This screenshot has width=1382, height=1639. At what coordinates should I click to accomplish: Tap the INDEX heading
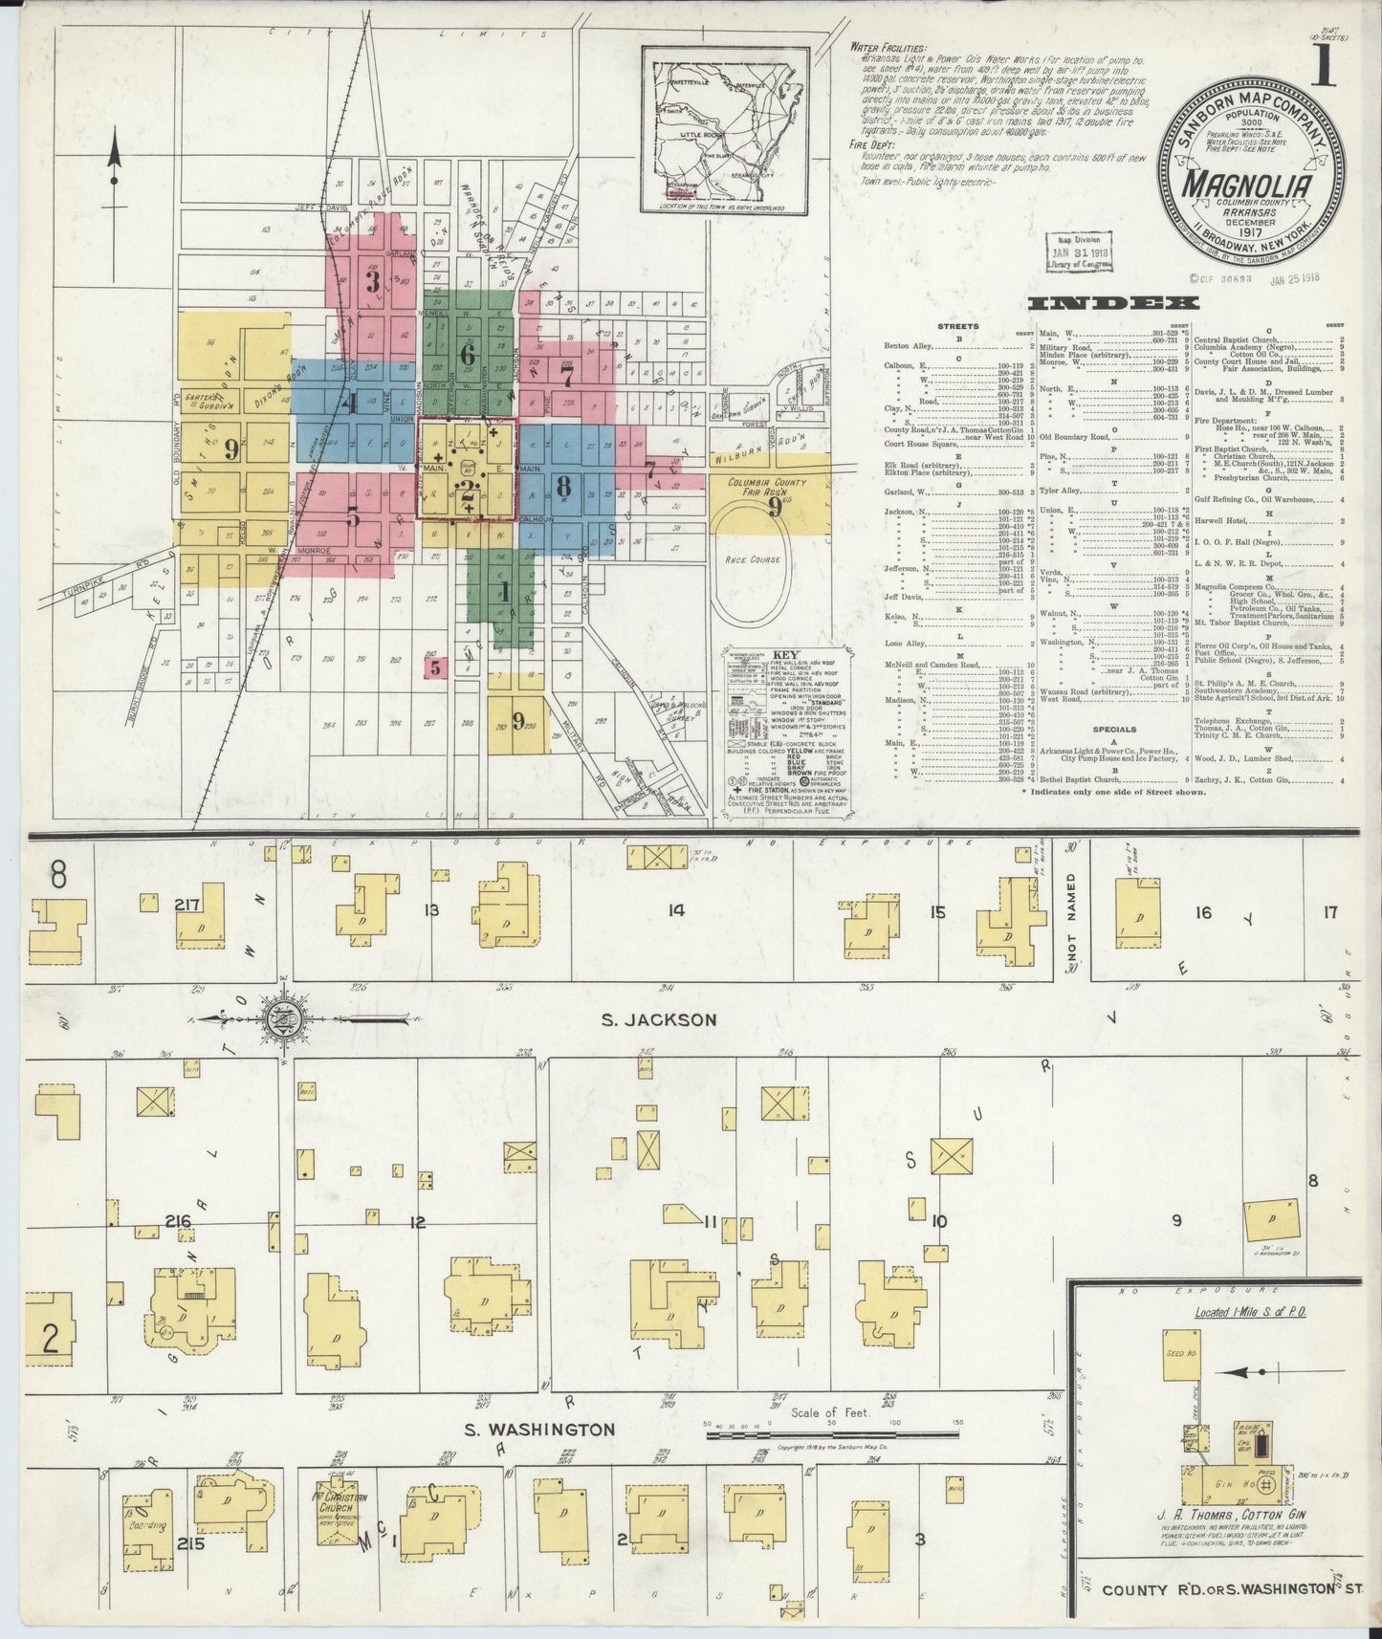[x=1102, y=304]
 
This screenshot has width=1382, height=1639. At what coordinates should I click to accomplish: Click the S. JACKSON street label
[x=659, y=1019]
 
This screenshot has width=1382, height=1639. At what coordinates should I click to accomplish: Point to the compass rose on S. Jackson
[x=283, y=1019]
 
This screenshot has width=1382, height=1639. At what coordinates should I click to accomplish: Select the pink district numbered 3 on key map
[x=373, y=281]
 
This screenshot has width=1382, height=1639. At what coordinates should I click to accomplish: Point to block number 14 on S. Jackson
[x=675, y=911]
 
